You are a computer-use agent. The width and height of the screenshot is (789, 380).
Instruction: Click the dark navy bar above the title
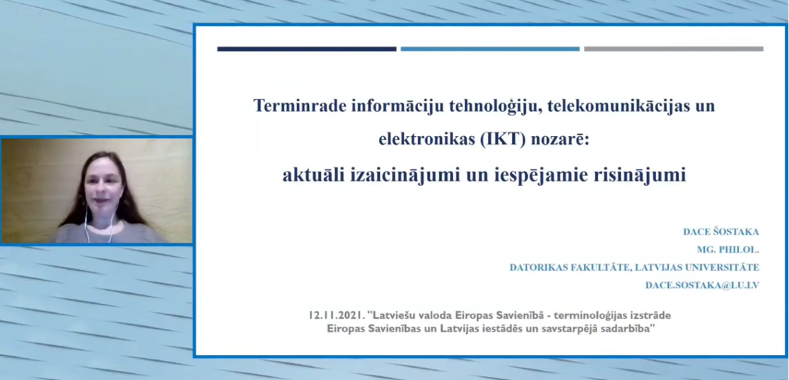click(307, 49)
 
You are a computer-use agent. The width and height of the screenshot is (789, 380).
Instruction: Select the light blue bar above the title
click(490, 49)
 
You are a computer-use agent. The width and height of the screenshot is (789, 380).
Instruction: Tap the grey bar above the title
click(673, 49)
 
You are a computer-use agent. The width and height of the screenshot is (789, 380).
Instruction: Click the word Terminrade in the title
click(300, 106)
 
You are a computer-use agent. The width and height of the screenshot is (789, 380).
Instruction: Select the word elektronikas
click(427, 139)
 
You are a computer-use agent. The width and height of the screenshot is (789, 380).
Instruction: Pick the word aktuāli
click(314, 175)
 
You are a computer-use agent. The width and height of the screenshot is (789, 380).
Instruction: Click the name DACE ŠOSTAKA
click(721, 231)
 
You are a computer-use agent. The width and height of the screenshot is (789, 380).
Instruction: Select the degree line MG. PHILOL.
click(728, 250)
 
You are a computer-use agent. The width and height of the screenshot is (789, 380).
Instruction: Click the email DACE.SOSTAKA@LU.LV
click(702, 285)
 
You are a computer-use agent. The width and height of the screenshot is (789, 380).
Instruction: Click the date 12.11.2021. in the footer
click(337, 315)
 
